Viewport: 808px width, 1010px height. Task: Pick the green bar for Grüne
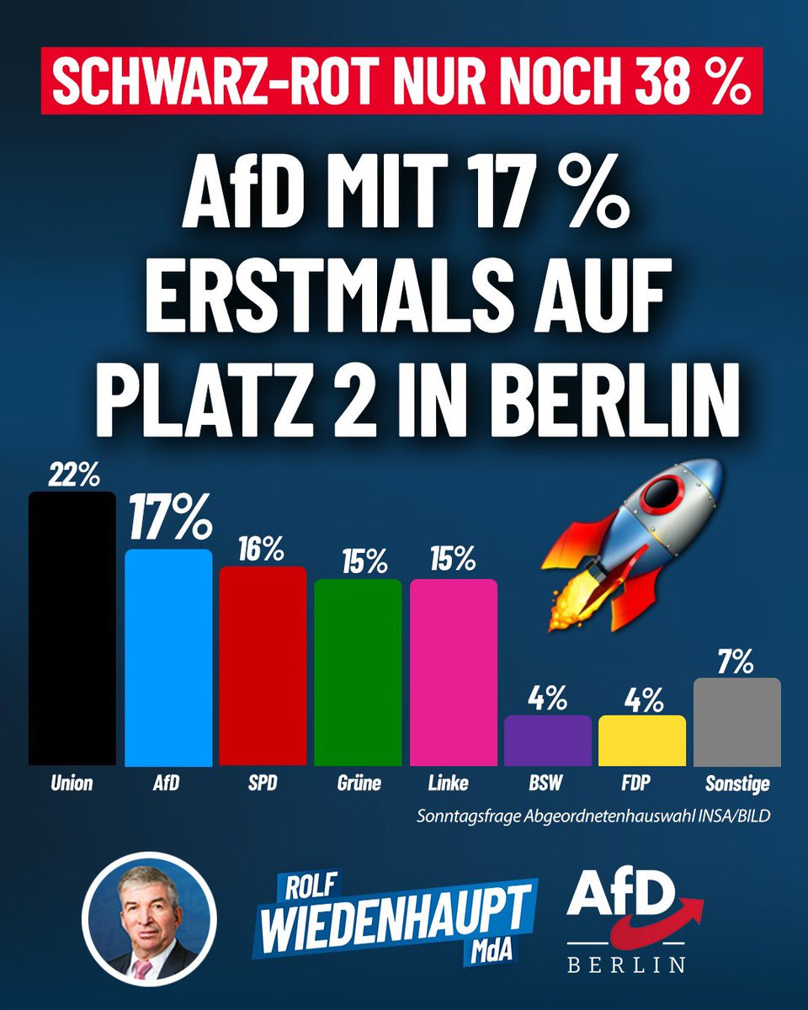pyautogui.click(x=358, y=673)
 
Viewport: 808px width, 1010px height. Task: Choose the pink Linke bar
pyautogui.click(x=453, y=673)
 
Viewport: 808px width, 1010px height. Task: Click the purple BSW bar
pyautogui.click(x=547, y=741)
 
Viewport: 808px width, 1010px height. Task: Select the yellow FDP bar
pyautogui.click(x=641, y=741)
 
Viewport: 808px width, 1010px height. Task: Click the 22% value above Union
pyautogui.click(x=73, y=476)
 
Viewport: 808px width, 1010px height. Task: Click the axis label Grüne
pyautogui.click(x=358, y=784)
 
